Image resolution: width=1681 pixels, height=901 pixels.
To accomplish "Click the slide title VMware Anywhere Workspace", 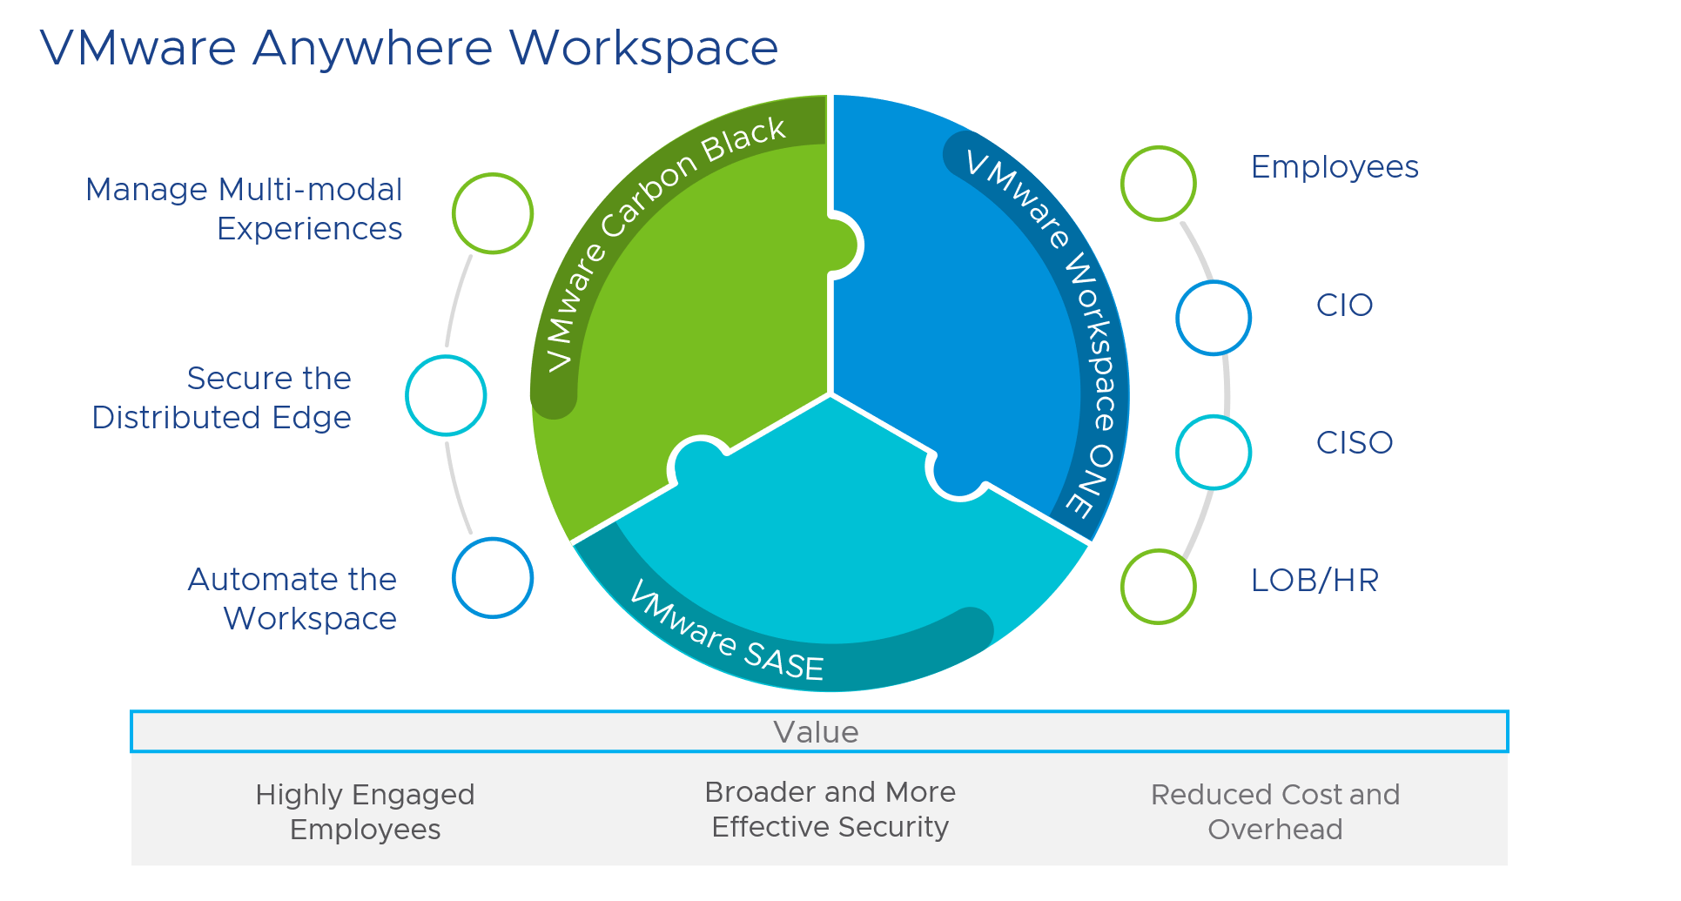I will coord(409,48).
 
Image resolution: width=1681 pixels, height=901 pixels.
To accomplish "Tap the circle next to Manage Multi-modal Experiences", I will coord(493,213).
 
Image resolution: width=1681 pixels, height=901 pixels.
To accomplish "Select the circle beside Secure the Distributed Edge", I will coord(446,395).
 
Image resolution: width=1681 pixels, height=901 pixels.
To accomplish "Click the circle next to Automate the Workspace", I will coord(493,578).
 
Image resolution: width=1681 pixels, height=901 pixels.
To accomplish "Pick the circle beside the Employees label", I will coord(1159,184).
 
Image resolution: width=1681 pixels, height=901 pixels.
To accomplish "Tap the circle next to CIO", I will coord(1214,318).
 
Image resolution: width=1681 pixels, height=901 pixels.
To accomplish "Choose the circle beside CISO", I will coord(1214,452).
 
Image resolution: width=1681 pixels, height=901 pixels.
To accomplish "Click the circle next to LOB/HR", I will coord(1159,587).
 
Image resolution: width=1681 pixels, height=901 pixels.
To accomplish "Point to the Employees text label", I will coord(1335,167).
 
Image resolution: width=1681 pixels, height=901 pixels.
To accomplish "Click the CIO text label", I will coord(1344,306).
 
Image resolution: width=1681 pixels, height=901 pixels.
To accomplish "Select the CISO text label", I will coord(1355,443).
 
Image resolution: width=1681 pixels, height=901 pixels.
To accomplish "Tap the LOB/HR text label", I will coord(1315,581).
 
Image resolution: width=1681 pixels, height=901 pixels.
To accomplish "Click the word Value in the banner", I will coord(816,732).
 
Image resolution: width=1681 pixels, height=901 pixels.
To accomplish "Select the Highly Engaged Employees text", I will coord(365,811).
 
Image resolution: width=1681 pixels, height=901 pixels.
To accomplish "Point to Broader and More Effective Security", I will coord(830,809).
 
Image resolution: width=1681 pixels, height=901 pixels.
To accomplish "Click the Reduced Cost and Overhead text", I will coord(1274,811).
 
